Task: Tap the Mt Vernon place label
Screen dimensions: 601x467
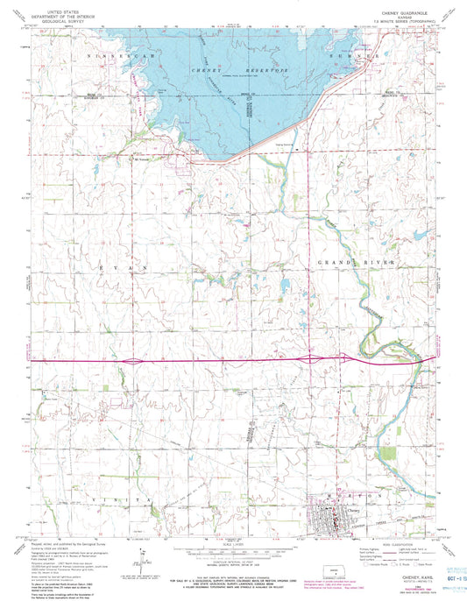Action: (141, 159)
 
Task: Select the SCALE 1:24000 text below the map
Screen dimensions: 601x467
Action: (232, 542)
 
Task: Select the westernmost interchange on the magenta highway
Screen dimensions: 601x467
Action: (131, 360)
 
